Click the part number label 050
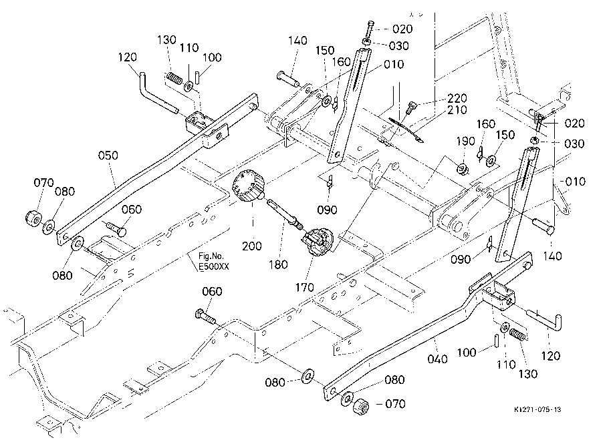click(x=108, y=156)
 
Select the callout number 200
click(x=252, y=246)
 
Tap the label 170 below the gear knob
click(x=305, y=288)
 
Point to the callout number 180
click(x=278, y=264)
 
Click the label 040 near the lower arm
click(x=437, y=359)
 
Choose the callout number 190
click(x=465, y=141)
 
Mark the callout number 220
click(x=457, y=98)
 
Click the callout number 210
click(x=457, y=109)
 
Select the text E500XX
click(x=214, y=267)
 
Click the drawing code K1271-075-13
click(x=537, y=409)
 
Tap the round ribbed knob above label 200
click(x=249, y=186)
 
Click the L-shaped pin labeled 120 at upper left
click(x=158, y=93)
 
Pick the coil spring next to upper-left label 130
click(x=174, y=78)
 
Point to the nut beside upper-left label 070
click(x=33, y=218)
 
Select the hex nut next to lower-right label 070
click(x=360, y=406)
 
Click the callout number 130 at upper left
click(x=167, y=39)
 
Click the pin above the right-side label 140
click(x=543, y=226)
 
